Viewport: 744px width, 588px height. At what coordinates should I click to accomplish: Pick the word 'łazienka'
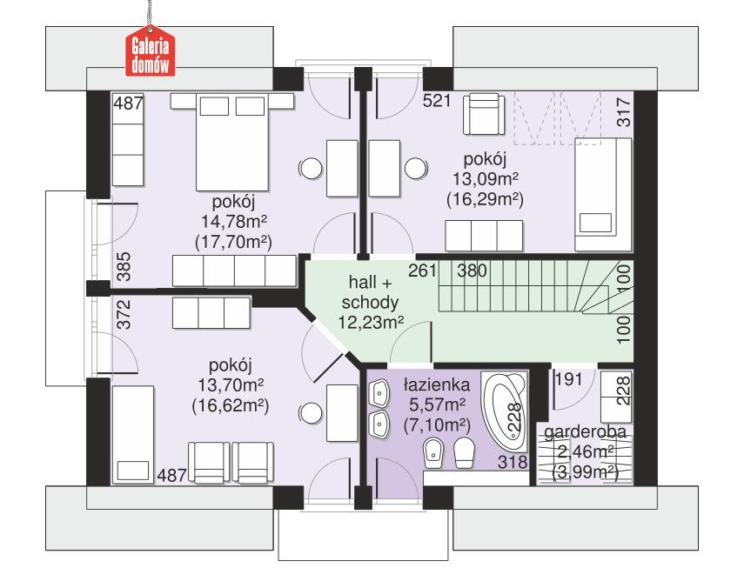pos(437,384)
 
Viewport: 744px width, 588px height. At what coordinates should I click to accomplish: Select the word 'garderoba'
pos(586,432)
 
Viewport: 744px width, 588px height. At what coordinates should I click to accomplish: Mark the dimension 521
pos(436,100)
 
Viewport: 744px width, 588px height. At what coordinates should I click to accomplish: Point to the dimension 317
pos(623,113)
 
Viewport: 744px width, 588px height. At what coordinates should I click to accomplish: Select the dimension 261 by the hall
pos(422,270)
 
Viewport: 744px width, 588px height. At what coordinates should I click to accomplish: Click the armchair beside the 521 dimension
pos(482,114)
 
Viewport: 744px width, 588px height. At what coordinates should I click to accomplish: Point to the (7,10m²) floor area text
pos(437,424)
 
